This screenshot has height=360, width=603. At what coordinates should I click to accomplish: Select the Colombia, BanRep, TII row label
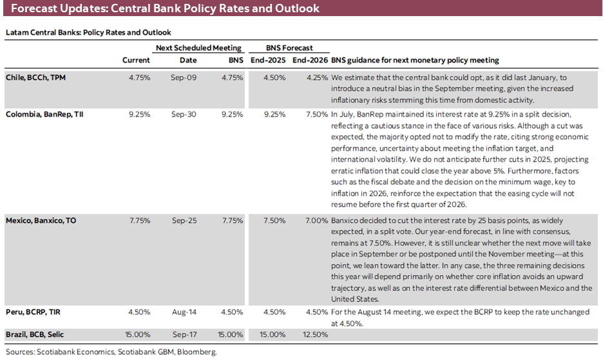click(x=44, y=114)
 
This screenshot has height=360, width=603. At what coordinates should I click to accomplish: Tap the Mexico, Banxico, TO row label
click(x=41, y=220)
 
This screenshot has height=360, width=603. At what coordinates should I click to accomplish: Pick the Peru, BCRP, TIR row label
click(x=33, y=312)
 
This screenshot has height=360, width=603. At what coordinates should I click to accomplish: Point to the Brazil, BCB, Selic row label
click(x=35, y=334)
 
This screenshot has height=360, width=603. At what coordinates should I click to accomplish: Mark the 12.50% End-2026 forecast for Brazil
click(x=312, y=334)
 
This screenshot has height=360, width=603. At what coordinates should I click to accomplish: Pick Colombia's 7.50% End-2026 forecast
click(x=314, y=114)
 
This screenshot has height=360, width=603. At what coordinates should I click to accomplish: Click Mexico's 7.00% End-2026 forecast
click(x=314, y=220)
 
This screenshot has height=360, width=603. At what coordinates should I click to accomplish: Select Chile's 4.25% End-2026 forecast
click(x=314, y=77)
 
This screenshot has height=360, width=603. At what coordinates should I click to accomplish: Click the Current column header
click(x=136, y=60)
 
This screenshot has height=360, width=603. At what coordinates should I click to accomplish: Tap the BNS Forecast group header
click(x=289, y=48)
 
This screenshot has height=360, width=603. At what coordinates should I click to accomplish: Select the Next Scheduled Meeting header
click(x=198, y=48)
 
